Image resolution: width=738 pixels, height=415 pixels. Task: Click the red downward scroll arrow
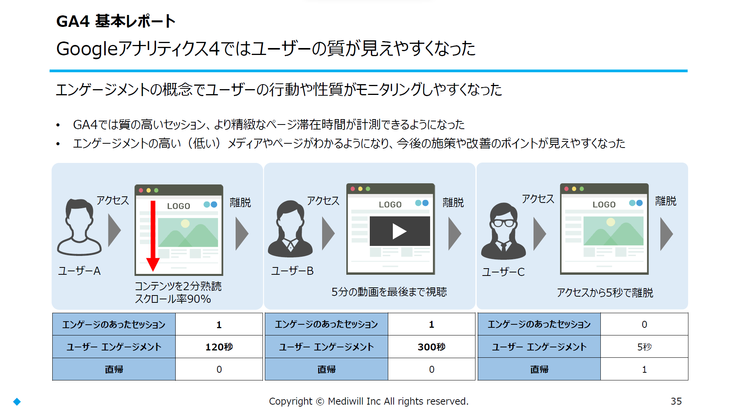coord(153,235)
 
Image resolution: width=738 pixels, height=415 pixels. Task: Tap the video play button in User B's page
coord(399,231)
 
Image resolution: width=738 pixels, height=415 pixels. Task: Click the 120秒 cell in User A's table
coord(219,347)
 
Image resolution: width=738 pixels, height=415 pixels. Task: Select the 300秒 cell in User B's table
coord(432,347)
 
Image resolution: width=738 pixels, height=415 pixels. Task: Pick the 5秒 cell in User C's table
coord(644,347)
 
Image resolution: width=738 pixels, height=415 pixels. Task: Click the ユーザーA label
coord(79,271)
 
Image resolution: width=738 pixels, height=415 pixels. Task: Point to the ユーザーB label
coord(293,271)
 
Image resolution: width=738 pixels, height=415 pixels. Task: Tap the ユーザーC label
coord(504,272)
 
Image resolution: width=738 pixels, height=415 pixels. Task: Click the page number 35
coord(676,401)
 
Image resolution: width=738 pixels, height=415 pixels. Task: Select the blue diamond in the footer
coord(17,402)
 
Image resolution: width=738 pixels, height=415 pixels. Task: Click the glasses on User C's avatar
coord(504,223)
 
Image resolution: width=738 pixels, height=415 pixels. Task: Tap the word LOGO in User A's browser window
coord(179,206)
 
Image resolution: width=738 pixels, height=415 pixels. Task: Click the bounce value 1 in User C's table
coord(644,369)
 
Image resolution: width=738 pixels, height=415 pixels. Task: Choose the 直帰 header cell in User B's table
coord(326,369)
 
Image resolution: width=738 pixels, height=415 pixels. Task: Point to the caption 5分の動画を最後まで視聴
coord(389,292)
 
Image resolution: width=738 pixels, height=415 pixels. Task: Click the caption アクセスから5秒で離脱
coord(605,293)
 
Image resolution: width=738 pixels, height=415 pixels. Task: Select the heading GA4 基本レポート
coord(116,21)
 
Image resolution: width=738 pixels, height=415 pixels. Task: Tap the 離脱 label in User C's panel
coord(666,201)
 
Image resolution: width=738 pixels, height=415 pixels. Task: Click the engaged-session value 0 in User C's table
coord(644,324)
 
